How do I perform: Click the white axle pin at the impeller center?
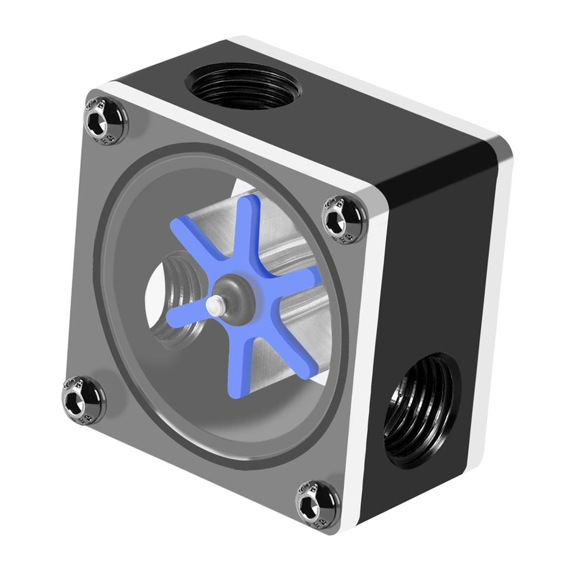(216, 305)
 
